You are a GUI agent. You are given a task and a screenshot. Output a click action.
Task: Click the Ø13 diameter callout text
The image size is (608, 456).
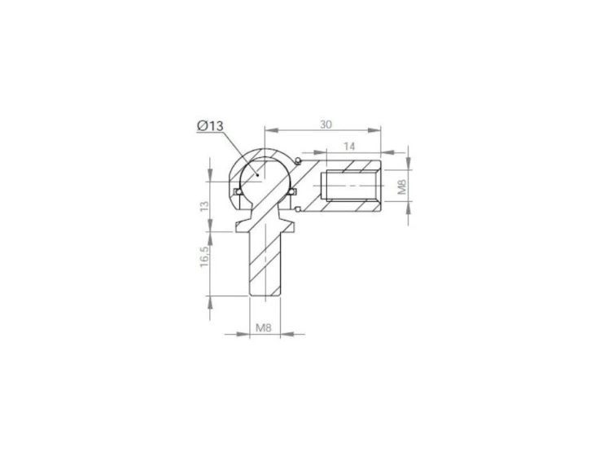(x=210, y=125)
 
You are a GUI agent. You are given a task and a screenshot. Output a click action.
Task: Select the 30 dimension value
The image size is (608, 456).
(x=326, y=125)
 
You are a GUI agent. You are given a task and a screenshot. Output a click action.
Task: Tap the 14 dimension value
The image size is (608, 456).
(x=349, y=147)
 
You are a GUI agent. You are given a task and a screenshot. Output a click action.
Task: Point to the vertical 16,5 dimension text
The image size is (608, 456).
(x=205, y=256)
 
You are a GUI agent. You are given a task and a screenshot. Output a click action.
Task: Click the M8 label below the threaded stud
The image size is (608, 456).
(x=264, y=328)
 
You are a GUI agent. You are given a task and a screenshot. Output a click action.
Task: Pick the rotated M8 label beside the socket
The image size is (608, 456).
(x=402, y=186)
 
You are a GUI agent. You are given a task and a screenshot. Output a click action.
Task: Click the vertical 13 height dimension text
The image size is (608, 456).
(x=205, y=205)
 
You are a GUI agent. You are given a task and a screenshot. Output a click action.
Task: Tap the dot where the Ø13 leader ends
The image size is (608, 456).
(x=257, y=175)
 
